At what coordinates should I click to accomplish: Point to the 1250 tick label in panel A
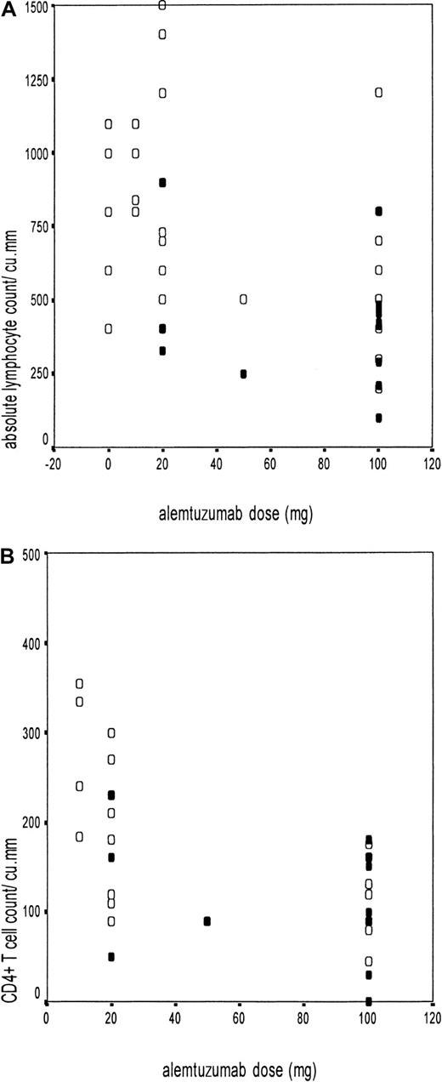(31, 80)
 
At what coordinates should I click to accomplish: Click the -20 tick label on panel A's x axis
(54, 464)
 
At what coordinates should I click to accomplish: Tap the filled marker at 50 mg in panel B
(207, 921)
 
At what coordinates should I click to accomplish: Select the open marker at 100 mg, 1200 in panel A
(378, 92)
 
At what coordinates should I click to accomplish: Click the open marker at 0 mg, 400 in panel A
(109, 329)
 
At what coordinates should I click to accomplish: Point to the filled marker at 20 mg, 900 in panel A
(162, 182)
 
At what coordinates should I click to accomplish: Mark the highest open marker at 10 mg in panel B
(80, 683)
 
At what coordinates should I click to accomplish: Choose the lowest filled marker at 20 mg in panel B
(111, 957)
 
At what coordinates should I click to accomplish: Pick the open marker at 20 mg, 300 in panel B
(111, 733)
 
